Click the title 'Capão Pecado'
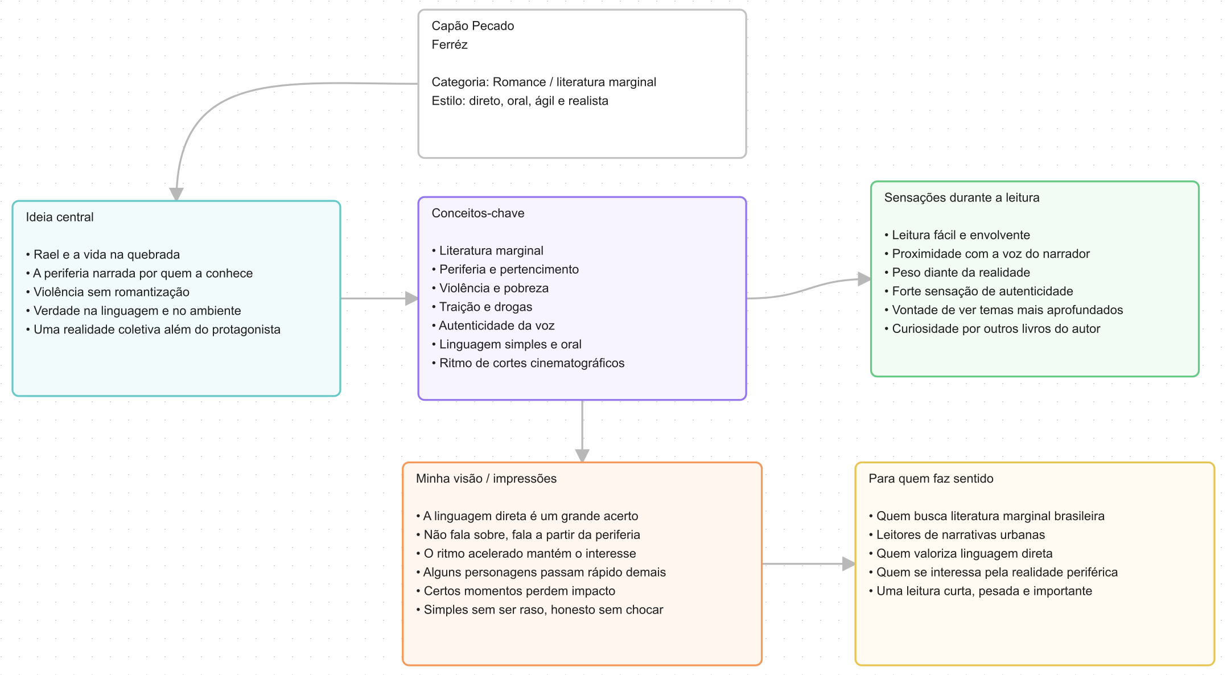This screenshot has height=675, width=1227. (472, 26)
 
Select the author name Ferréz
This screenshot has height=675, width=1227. (450, 45)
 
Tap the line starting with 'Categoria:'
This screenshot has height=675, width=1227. (543, 83)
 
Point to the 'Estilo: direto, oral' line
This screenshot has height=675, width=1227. (520, 101)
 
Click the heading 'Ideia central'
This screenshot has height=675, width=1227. (60, 217)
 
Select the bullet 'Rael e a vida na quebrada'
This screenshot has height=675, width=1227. (103, 255)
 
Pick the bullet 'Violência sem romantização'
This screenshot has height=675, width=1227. (108, 293)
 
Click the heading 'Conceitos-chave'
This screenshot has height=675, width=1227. (478, 213)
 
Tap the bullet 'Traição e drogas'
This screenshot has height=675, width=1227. (482, 307)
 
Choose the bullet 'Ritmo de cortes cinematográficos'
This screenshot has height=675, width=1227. (528, 364)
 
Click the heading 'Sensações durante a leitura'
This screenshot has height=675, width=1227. (962, 198)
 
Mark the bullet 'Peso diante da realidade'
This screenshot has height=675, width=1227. (957, 273)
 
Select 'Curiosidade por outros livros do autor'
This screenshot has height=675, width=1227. (992, 330)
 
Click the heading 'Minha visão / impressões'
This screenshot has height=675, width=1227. (486, 479)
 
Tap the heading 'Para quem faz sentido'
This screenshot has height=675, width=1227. (931, 479)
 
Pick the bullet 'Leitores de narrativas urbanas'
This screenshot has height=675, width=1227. (957, 536)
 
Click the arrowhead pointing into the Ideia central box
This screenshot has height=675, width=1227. (176, 194)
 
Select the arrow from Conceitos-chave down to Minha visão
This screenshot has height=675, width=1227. (582, 431)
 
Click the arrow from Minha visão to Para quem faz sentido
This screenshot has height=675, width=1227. (809, 564)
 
